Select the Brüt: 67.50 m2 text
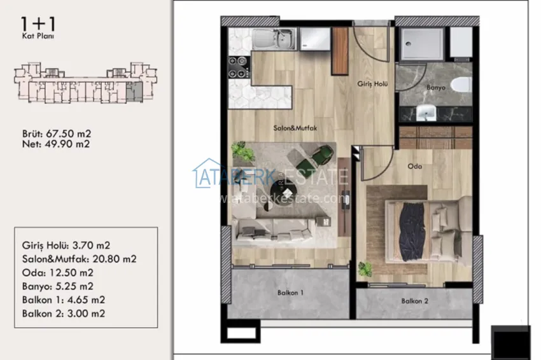[56, 134]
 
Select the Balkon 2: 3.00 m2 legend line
[63, 313]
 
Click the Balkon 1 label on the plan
[290, 293]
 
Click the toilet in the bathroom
[461, 84]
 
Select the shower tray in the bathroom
[421, 43]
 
